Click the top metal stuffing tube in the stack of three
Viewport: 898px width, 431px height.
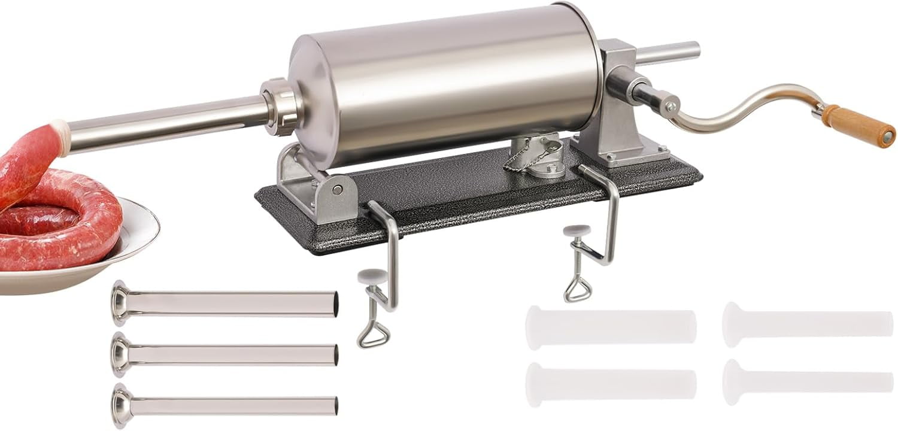pos(227,303)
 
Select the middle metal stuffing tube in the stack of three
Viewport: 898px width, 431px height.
pos(227,354)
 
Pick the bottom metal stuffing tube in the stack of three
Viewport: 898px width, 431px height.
pos(227,405)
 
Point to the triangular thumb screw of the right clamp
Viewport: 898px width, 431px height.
pos(577,290)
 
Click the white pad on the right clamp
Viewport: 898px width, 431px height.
pos(577,230)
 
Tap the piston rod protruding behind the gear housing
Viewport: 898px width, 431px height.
pos(668,53)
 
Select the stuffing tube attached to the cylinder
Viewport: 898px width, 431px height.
pos(168,123)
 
